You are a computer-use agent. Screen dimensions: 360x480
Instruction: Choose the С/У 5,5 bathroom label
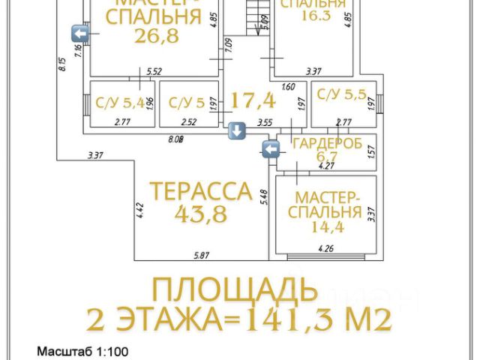[342, 94]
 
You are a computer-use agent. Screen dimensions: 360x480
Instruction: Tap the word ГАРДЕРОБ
[328, 142]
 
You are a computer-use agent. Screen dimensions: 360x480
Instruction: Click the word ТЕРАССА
[200, 190]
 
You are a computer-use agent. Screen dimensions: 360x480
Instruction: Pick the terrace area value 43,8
[201, 214]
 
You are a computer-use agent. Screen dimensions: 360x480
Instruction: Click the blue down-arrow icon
[236, 131]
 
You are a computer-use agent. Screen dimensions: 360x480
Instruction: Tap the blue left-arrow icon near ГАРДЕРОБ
[271, 149]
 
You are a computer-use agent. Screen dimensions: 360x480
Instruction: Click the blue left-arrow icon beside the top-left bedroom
[80, 32]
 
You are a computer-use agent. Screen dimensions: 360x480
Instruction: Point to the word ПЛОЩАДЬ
[229, 289]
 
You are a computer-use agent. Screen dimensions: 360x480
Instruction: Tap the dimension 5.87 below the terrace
[200, 255]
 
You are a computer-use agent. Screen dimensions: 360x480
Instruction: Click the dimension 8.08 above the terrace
[176, 139]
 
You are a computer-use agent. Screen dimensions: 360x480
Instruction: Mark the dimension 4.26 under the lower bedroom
[325, 248]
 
